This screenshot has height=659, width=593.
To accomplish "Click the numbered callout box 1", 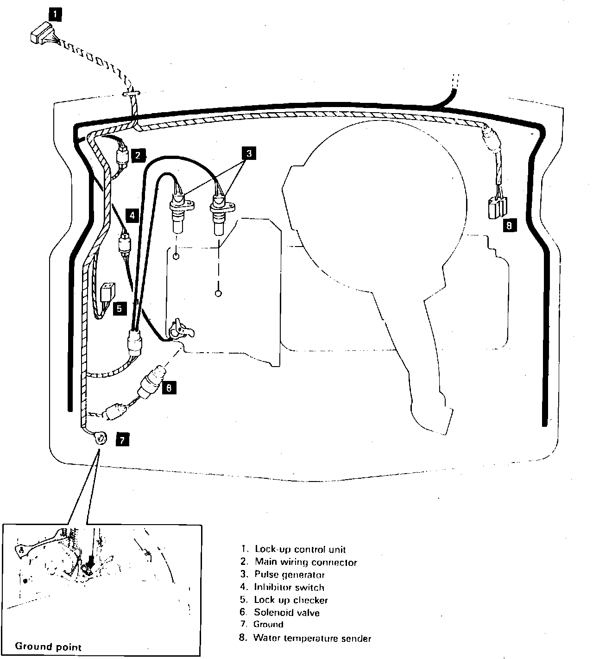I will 55,15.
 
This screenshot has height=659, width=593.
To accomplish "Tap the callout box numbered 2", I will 138,155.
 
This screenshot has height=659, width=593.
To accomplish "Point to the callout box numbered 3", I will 248,153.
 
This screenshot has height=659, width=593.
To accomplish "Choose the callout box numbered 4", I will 132,215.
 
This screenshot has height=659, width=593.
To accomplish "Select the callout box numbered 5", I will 120,308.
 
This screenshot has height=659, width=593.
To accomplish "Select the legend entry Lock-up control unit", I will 300,550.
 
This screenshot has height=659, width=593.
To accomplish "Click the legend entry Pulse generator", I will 290,575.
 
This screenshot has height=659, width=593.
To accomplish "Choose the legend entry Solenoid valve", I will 286,613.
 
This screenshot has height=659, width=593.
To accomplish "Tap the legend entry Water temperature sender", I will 312,638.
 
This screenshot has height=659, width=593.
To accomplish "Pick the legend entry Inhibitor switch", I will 289,587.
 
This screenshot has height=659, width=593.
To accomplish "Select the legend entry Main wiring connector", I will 306,562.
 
